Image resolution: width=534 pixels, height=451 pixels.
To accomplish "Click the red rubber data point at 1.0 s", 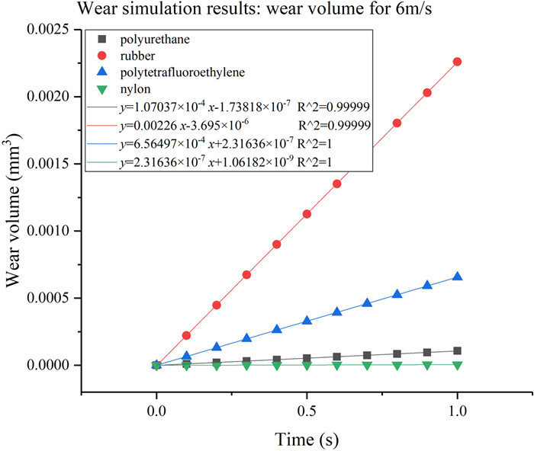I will pyautogui.click(x=457, y=62).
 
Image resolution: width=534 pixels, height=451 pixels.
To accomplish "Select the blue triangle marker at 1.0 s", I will pyautogui.click(x=457, y=277).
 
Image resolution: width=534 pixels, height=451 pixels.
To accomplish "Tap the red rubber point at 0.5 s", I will pyautogui.click(x=307, y=214).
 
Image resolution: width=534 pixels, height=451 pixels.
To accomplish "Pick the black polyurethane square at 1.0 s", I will pyautogui.click(x=457, y=351).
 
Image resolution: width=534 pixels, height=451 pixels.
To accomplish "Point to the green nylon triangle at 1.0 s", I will pyautogui.click(x=457, y=365).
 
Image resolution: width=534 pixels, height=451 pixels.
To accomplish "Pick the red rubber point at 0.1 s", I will pyautogui.click(x=186, y=336).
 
